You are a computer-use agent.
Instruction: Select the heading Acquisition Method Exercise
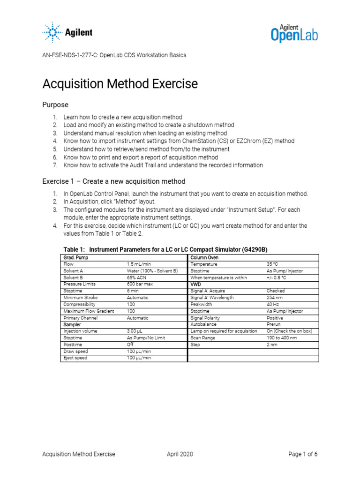pyautogui.click(x=120, y=84)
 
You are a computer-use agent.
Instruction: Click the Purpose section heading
pyautogui.click(x=55, y=105)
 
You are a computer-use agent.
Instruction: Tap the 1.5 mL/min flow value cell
pyautogui.click(x=139, y=264)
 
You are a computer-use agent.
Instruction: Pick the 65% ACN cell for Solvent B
pyautogui.click(x=137, y=277)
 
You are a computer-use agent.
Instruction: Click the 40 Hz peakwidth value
pyautogui.click(x=272, y=304)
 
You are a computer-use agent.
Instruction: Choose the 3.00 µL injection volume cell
pyautogui.click(x=137, y=331)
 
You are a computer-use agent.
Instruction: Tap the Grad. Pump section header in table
pyautogui.click(x=75, y=258)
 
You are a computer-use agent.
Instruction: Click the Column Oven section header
pyautogui.click(x=204, y=258)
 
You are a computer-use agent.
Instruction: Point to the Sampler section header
pyautogui.click(x=73, y=324)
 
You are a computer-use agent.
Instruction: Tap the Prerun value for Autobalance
pyautogui.click(x=274, y=324)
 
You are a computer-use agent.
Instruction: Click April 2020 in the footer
pyautogui.click(x=180, y=454)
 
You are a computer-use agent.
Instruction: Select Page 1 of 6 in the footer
pyautogui.click(x=303, y=454)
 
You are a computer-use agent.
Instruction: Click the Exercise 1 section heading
pyautogui.click(x=114, y=181)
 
